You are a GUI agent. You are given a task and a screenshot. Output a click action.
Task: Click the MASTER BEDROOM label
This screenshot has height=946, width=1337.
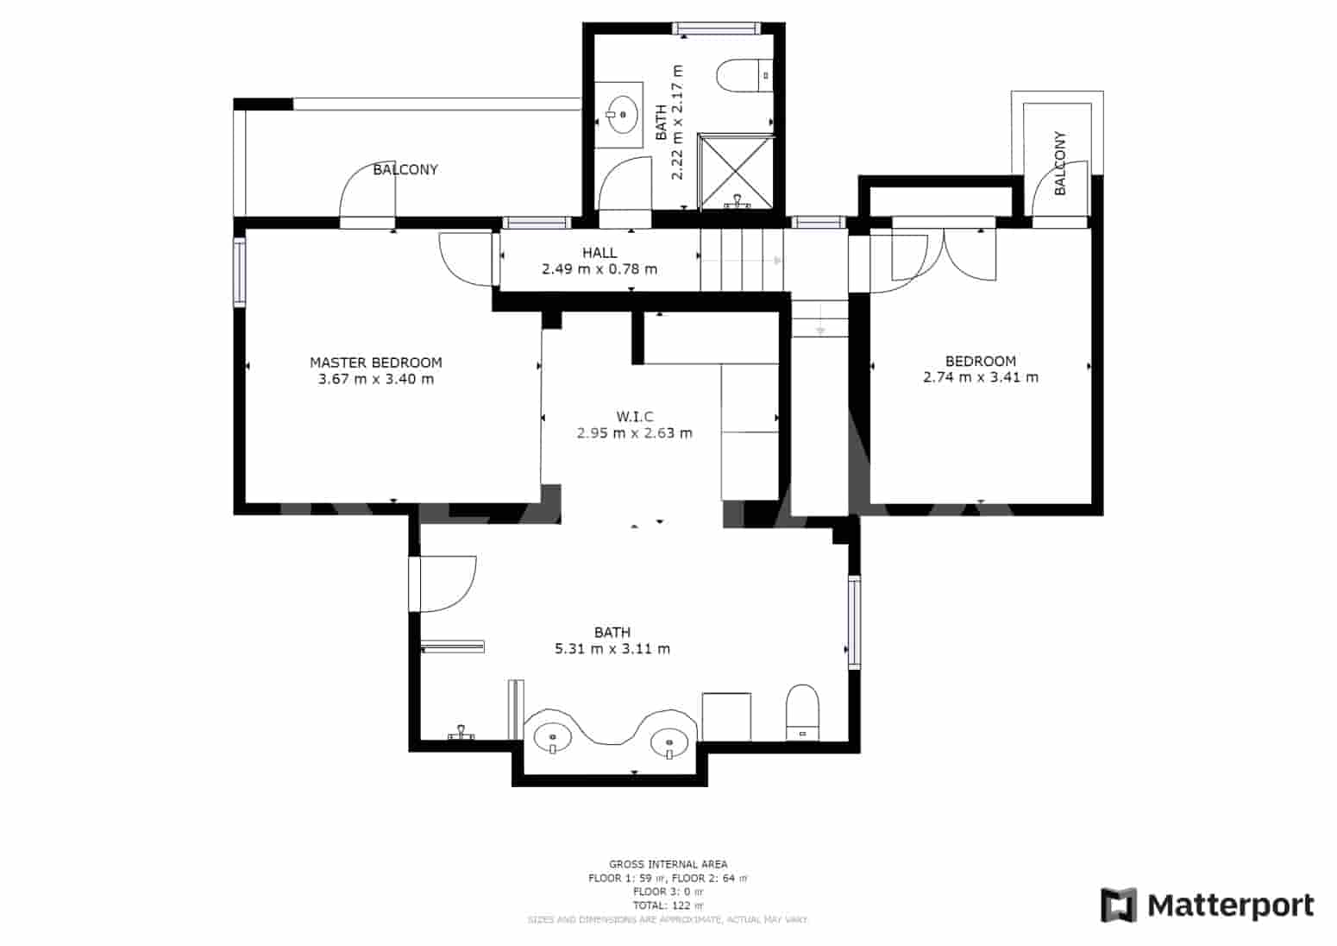click(375, 363)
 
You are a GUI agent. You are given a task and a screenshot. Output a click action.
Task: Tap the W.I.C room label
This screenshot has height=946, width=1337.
click(634, 417)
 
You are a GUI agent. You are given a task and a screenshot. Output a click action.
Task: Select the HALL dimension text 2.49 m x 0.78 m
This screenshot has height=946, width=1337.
click(599, 269)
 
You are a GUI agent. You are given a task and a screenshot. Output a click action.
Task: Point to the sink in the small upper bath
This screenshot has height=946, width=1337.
click(621, 113)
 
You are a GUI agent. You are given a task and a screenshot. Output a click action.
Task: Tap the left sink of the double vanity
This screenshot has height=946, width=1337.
click(552, 738)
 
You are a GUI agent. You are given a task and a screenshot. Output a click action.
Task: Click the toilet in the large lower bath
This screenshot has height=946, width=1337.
click(802, 712)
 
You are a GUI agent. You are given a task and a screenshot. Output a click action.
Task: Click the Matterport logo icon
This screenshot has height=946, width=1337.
click(1119, 905)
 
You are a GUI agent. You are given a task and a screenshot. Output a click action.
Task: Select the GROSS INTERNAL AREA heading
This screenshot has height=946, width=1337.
click(668, 864)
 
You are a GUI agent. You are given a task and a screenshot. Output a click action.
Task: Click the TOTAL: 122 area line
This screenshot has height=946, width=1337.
click(668, 905)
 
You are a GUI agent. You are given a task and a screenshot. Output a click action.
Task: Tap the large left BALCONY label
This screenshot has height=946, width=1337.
click(405, 170)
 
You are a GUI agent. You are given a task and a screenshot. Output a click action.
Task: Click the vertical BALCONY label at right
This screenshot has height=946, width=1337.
click(1060, 163)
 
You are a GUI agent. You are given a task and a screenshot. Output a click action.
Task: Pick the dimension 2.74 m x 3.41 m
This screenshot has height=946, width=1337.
click(980, 377)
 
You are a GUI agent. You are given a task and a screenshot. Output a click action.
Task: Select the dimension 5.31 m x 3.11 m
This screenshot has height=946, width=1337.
click(612, 649)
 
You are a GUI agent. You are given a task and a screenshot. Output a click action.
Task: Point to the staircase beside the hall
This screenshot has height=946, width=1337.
click(742, 260)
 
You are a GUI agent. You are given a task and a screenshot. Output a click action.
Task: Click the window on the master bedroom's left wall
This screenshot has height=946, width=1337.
click(239, 272)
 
